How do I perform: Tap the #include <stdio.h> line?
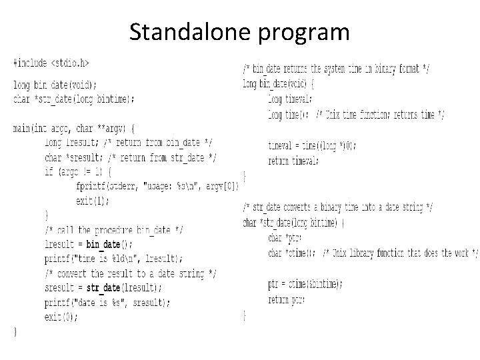(51, 63)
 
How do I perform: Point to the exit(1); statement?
(93, 200)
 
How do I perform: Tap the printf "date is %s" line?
(107, 302)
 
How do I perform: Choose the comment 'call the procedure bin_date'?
(113, 229)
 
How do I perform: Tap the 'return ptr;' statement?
(287, 299)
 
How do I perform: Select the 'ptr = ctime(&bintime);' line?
(305, 283)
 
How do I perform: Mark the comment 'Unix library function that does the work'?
(400, 253)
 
